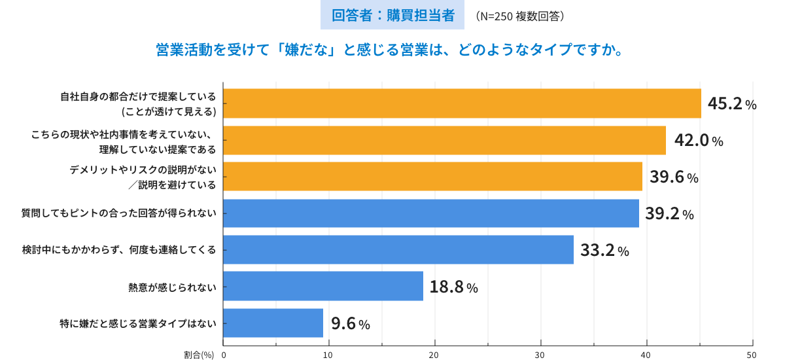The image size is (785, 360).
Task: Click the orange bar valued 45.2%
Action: click(x=462, y=103)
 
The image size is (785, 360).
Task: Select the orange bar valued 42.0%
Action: click(x=444, y=140)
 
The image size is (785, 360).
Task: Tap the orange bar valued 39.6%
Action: click(x=432, y=177)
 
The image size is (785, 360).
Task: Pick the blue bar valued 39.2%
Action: click(x=431, y=213)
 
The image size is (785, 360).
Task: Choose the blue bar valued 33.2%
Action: click(x=398, y=250)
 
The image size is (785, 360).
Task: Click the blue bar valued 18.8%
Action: click(x=323, y=286)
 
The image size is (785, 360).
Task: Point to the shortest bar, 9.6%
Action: click(x=273, y=323)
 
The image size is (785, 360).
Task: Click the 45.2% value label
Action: click(x=732, y=104)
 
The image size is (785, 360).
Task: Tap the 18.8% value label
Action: click(x=453, y=287)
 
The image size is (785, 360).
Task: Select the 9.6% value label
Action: click(x=351, y=323)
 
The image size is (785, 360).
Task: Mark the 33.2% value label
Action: click(x=604, y=250)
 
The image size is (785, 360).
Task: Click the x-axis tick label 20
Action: click(x=434, y=355)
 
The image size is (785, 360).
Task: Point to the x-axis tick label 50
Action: click(x=751, y=355)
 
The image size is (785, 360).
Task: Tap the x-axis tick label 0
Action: click(x=224, y=355)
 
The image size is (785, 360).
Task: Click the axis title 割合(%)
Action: click(x=199, y=355)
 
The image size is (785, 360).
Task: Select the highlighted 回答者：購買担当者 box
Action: click(x=392, y=16)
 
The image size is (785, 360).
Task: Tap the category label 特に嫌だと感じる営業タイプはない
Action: click(x=137, y=323)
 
